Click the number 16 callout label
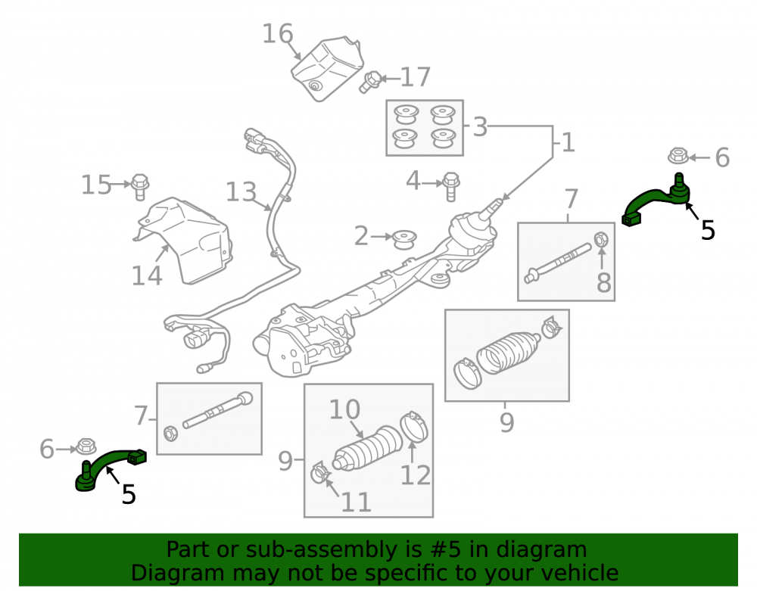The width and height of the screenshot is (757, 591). tap(278, 34)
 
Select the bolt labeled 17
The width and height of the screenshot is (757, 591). tap(370, 82)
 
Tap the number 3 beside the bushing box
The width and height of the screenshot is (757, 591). tap(480, 127)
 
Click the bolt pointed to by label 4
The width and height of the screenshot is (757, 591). tap(451, 185)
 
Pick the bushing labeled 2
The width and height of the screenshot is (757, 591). tap(404, 240)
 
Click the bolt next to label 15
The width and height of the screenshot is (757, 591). tap(139, 187)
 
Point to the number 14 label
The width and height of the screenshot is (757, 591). tap(147, 276)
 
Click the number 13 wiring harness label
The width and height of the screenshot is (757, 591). tap(241, 191)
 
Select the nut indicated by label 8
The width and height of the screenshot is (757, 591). tap(601, 239)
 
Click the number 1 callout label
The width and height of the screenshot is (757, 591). tap(569, 143)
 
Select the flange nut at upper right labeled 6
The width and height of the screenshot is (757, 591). tap(678, 156)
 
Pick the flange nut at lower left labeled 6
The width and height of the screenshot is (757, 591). tap(86, 446)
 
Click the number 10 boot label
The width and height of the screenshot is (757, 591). tap(344, 409)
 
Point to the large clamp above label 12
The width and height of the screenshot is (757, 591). tap(414, 426)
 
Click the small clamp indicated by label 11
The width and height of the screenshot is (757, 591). tap(320, 472)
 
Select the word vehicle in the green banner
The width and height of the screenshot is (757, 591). tap(583, 573)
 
